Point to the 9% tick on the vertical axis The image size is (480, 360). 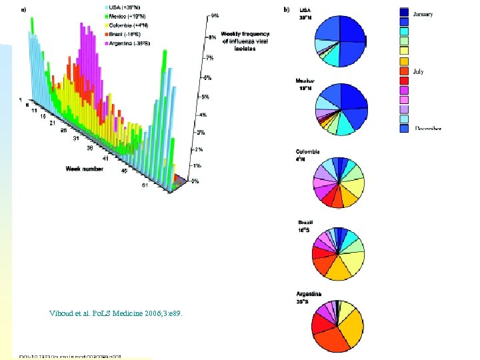tap(215, 15)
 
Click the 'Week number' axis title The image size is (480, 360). tap(84, 169)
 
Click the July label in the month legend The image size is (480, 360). tap(419, 71)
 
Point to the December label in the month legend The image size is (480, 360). tap(428, 128)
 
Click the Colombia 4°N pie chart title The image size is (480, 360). tap(308, 155)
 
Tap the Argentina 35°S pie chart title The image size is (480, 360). tap(309, 297)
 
